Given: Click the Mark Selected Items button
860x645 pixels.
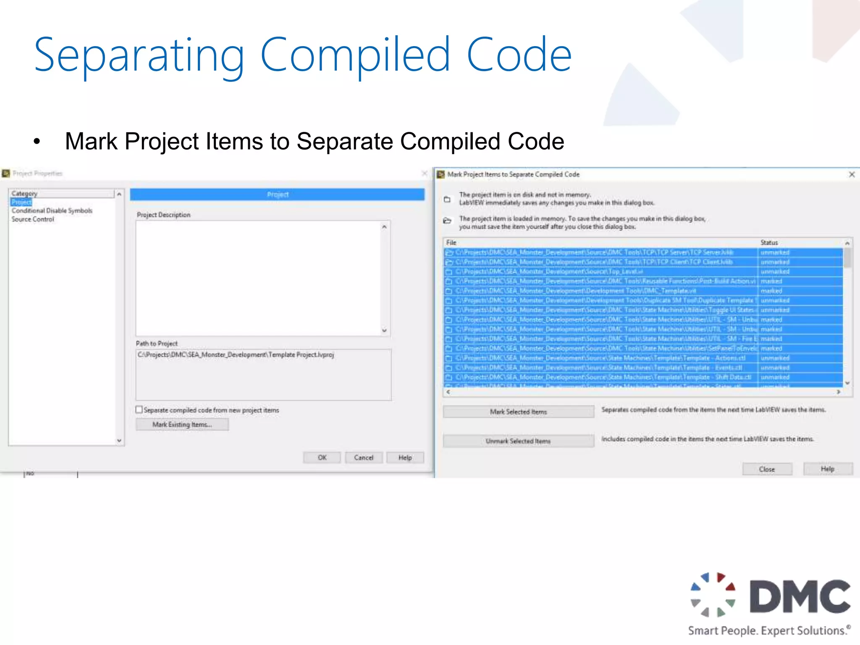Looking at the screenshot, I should (518, 412).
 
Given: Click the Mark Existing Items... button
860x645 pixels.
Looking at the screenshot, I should (182, 425).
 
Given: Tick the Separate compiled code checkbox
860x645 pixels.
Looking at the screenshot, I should (139, 409).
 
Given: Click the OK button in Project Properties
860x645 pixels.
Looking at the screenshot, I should (322, 457).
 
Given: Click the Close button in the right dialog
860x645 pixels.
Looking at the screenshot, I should (767, 469).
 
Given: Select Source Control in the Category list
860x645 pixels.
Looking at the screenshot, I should (33, 219).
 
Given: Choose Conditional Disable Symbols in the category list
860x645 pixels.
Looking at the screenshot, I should (52, 210).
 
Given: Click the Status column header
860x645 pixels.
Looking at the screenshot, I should (769, 243).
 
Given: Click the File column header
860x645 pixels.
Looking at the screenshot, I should (451, 243).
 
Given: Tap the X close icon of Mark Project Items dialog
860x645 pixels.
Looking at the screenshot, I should (852, 174).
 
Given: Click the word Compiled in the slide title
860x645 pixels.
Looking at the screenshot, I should (355, 55).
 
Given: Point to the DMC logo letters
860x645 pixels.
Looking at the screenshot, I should (800, 596).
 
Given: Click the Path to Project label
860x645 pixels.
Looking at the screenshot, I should (157, 343).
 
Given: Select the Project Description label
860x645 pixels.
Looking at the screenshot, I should (163, 215).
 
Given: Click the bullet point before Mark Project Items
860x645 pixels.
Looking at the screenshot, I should (37, 142).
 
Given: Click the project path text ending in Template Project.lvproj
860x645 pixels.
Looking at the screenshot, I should (236, 355).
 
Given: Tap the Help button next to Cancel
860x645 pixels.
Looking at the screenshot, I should (405, 457).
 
